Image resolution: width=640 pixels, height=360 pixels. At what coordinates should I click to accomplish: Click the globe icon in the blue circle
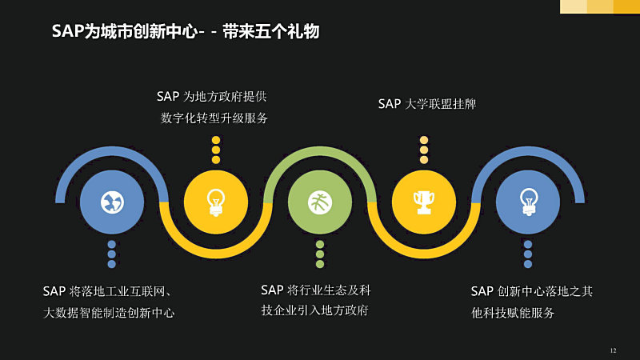point(112,202)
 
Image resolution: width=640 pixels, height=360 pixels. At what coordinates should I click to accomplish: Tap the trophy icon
point(424,202)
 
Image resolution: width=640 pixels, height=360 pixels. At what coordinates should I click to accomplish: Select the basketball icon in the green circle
point(320,202)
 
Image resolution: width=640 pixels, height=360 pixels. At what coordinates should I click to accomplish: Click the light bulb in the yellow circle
point(216,202)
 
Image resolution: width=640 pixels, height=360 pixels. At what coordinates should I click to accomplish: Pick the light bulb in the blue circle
point(528,202)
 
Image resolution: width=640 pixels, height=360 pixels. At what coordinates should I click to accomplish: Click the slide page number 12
point(613,350)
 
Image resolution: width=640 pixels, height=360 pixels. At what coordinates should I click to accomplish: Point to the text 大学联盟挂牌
point(441,104)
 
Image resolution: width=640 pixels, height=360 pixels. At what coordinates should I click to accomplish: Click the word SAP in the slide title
point(68,31)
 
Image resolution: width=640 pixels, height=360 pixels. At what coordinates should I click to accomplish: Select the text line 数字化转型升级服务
point(214,118)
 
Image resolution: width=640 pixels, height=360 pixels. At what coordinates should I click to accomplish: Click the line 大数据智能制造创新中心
point(109,313)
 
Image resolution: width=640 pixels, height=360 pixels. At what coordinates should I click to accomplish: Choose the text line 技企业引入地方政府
point(314,310)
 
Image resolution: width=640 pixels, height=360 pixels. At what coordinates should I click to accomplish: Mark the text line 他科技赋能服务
point(513,313)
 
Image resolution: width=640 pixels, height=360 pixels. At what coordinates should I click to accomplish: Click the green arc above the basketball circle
point(320,151)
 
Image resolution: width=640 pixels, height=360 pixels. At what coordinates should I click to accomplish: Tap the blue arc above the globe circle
point(112,151)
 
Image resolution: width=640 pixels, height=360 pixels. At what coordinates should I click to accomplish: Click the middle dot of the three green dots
point(320,254)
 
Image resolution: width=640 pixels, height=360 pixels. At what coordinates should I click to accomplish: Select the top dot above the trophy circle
point(424,140)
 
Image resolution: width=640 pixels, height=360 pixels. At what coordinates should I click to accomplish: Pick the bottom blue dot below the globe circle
point(112,264)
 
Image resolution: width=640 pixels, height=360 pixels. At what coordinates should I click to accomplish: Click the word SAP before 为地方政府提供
point(168,97)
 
